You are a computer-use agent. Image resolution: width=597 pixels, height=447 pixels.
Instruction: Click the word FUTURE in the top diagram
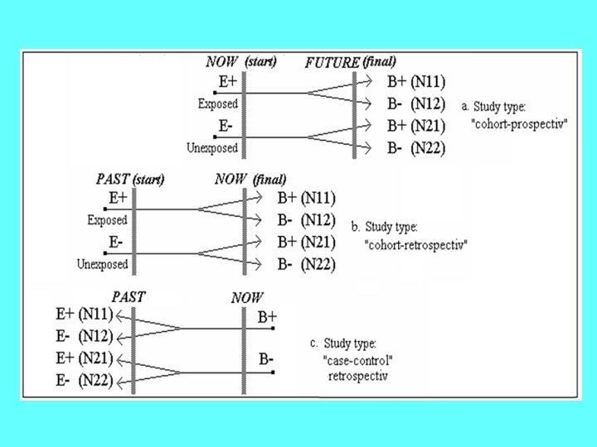tap(332, 62)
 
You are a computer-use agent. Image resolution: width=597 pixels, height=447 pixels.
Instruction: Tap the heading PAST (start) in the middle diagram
tap(130, 179)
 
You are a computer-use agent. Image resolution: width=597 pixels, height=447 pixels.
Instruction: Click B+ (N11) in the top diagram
tap(416, 81)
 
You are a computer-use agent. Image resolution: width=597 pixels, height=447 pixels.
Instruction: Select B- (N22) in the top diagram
tap(416, 148)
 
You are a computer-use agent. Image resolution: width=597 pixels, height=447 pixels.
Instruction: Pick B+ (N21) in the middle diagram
tap(306, 243)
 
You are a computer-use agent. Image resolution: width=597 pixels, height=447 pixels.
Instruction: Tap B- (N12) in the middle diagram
tap(306, 220)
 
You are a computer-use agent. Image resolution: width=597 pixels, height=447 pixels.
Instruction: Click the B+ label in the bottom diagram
tap(267, 317)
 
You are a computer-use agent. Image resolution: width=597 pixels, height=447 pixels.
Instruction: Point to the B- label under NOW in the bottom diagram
tap(266, 359)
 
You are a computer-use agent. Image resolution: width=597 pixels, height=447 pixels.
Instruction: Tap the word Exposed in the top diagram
tap(218, 104)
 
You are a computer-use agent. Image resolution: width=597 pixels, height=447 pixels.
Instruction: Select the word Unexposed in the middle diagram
tap(103, 265)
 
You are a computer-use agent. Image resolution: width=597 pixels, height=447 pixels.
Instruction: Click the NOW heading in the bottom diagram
tap(248, 298)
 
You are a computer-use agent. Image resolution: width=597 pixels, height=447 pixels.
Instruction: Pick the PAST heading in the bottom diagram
tap(129, 296)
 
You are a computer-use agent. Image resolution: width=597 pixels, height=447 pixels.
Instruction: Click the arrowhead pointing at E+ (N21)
tap(121, 359)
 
